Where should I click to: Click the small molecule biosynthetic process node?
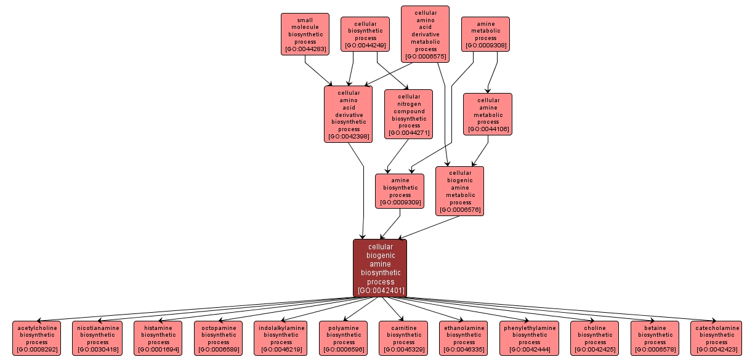pos(305,34)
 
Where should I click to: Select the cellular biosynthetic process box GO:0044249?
pos(365,34)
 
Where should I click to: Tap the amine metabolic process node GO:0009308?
pos(485,34)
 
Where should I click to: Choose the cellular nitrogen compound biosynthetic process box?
pos(409,115)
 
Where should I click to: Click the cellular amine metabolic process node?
pos(488,115)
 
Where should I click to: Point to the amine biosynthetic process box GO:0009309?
pos(400,191)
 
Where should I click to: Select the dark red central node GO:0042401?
pos(380,268)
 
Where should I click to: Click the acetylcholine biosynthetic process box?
pos(37,339)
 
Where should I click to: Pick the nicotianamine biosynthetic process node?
pos(97,339)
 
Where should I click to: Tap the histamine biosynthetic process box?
pos(158,339)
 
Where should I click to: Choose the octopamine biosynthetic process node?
pos(219,339)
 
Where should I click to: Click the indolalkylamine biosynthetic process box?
pos(281,339)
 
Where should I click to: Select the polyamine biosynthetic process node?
pos(344,339)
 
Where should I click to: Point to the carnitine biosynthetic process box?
pos(403,339)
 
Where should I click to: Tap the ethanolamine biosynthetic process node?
pos(464,339)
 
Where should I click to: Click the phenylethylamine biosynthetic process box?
pos(529,339)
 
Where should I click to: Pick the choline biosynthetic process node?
pos(595,339)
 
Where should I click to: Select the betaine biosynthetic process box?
pos(655,339)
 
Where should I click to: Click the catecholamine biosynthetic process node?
pos(716,339)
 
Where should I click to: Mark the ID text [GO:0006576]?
pos(460,210)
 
